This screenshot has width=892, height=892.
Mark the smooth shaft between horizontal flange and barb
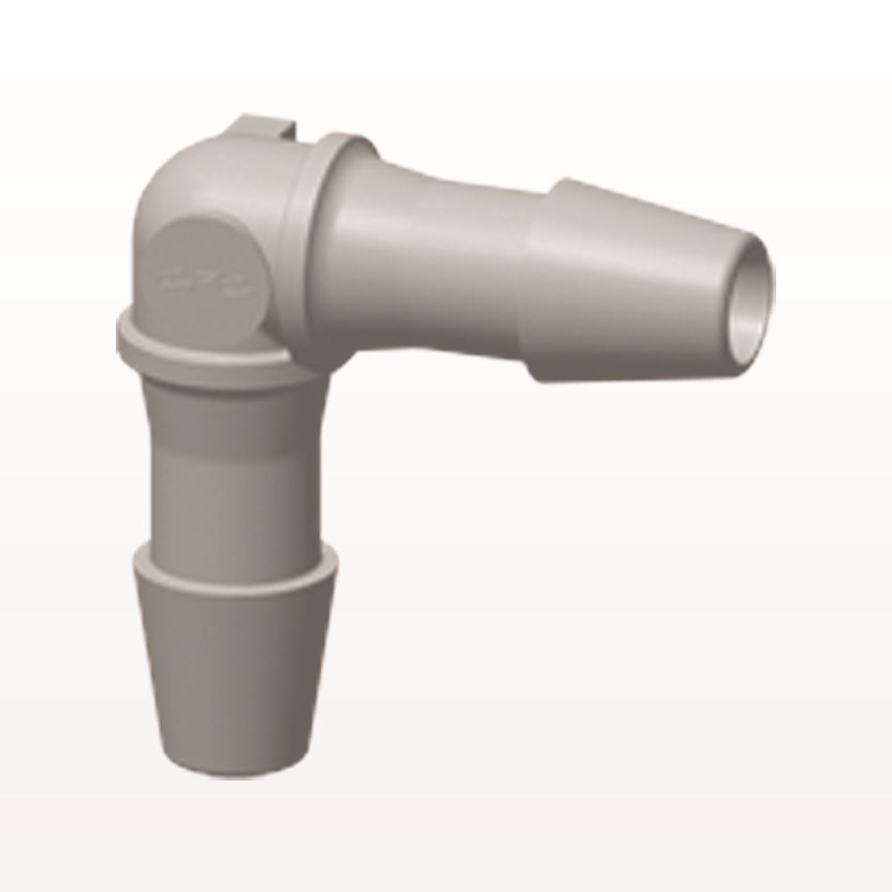pos(437,250)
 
